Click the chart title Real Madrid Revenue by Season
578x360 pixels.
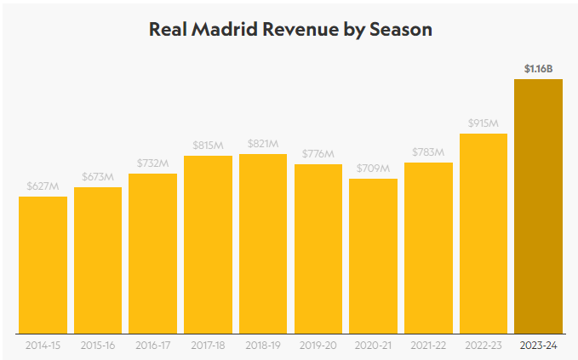pyautogui.click(x=290, y=29)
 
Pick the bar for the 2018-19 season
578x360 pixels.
pyautogui.click(x=263, y=243)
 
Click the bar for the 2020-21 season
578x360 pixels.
pyautogui.click(x=373, y=255)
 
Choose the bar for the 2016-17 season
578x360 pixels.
pyautogui.click(x=152, y=253)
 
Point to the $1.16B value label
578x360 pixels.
pyautogui.click(x=538, y=67)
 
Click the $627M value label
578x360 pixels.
pyautogui.click(x=43, y=186)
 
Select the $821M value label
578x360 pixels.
pyautogui.click(x=263, y=143)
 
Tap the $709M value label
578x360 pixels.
pyautogui.click(x=373, y=168)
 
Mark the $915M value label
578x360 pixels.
pyautogui.click(x=483, y=123)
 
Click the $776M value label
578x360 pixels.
pyautogui.click(x=318, y=153)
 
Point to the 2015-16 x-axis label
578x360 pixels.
pyautogui.click(x=98, y=346)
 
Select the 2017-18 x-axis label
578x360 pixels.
pyautogui.click(x=208, y=346)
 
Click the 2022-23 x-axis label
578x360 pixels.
pyautogui.click(x=483, y=346)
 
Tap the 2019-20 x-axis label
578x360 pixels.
pyautogui.click(x=318, y=346)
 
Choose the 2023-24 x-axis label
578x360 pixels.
pyautogui.click(x=538, y=346)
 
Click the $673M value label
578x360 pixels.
pyautogui.click(x=98, y=176)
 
